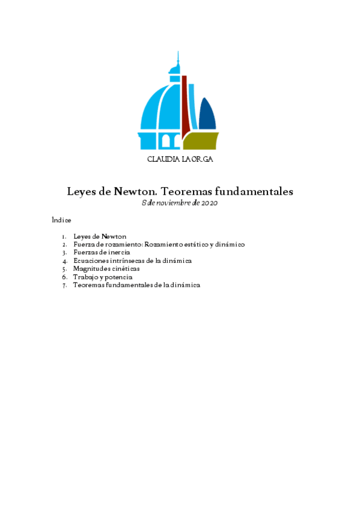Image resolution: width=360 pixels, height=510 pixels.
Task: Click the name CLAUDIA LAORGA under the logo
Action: click(180, 159)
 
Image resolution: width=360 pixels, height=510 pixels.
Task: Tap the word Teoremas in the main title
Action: click(186, 192)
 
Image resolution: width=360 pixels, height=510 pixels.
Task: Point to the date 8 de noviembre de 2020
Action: click(179, 203)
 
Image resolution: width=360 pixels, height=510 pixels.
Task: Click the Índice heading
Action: click(61, 220)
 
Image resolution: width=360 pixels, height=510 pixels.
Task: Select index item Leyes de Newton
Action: click(99, 236)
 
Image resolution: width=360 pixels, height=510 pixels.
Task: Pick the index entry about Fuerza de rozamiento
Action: click(159, 245)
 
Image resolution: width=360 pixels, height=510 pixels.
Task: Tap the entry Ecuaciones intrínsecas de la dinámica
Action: click(132, 261)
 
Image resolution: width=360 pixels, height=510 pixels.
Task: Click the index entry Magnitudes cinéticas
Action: click(106, 269)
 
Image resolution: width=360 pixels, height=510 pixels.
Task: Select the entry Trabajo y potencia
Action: click(98, 277)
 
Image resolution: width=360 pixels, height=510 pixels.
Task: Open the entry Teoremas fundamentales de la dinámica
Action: click(136, 285)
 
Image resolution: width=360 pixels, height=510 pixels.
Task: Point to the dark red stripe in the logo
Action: click(186, 102)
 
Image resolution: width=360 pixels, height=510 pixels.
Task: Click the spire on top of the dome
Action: click(177, 61)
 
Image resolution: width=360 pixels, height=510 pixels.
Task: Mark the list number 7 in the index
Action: click(64, 285)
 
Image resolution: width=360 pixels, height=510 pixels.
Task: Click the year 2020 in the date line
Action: click(209, 203)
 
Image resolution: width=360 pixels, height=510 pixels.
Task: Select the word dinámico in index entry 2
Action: click(230, 245)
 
